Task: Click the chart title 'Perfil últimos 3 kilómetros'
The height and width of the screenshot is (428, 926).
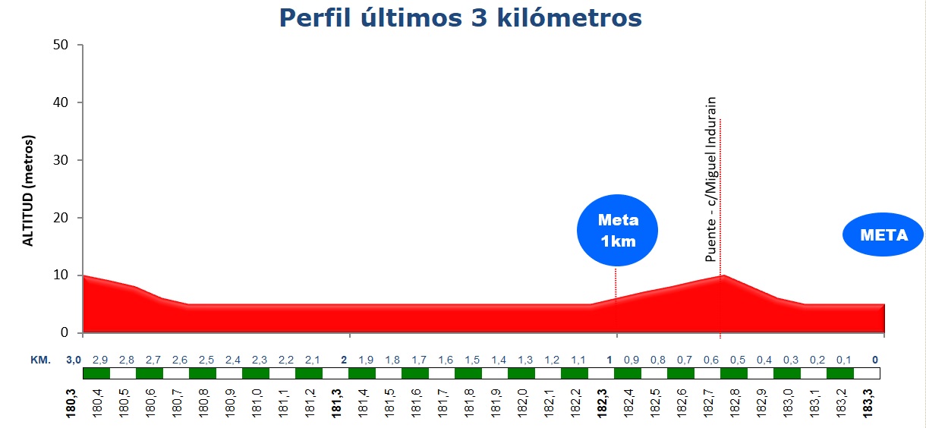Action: click(x=461, y=17)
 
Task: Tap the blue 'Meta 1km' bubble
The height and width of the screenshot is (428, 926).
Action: click(x=618, y=231)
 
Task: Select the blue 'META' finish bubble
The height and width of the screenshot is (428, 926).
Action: click(x=883, y=235)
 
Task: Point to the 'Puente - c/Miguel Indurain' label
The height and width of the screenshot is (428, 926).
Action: click(x=711, y=179)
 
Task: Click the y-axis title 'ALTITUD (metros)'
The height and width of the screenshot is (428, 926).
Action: click(x=29, y=190)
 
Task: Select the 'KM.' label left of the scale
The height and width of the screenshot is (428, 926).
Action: click(x=40, y=360)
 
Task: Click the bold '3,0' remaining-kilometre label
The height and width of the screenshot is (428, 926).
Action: click(x=74, y=360)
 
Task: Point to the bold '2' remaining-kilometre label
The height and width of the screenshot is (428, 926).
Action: click(x=344, y=360)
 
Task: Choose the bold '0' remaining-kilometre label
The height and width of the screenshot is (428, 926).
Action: click(x=875, y=360)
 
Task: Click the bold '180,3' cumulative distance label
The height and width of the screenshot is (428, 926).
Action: click(x=71, y=402)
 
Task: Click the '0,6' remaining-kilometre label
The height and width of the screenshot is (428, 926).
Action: click(x=711, y=360)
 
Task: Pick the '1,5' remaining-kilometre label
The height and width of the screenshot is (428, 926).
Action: click(x=472, y=360)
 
